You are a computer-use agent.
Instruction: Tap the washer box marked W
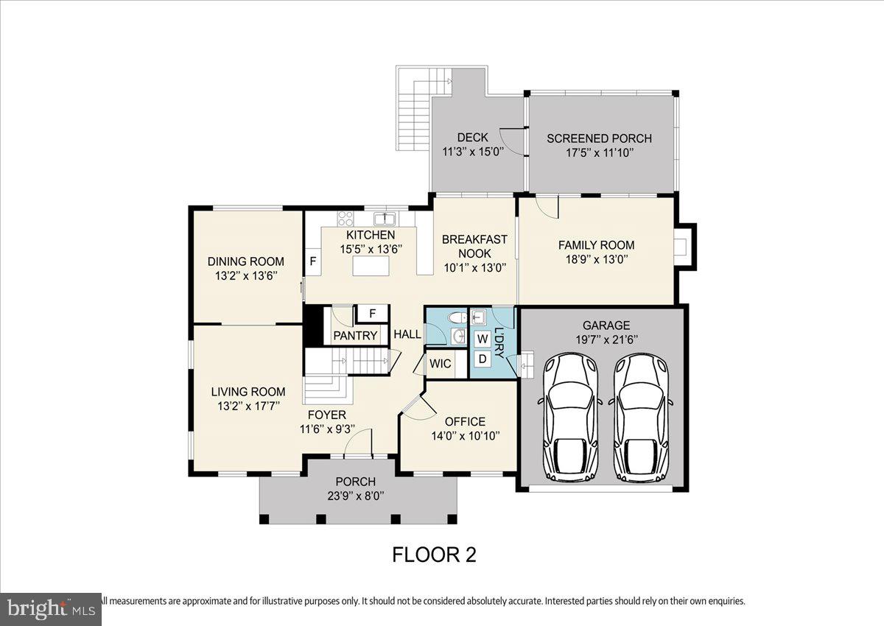pos(483,339)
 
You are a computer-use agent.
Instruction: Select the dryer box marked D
pos(483,359)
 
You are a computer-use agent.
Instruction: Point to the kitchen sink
pos(385,218)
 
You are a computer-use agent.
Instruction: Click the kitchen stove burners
pos(345,218)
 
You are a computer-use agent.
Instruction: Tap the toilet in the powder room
pos(457,317)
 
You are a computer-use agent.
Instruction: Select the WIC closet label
pos(441,364)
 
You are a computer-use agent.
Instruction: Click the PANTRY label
pos(355,336)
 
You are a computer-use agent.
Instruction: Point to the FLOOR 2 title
pos(434,555)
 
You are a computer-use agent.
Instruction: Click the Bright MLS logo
pos(50,608)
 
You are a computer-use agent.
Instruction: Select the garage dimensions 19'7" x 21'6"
pos(606,340)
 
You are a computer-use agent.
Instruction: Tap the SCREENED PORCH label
pos(599,138)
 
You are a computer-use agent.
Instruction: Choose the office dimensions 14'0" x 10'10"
pos(466,435)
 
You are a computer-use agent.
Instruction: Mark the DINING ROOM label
pos(245,261)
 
